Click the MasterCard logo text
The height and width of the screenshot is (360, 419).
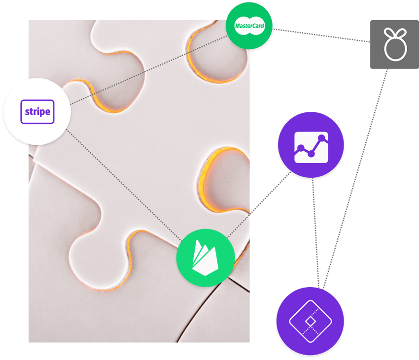(249, 26)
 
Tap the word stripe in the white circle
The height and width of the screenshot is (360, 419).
(37, 112)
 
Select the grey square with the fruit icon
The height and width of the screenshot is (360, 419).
(394, 44)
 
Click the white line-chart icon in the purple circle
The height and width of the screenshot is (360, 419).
(311, 147)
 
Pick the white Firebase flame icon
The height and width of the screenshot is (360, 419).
(205, 258)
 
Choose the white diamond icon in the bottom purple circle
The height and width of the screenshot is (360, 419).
(310, 321)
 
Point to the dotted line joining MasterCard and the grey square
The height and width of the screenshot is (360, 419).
(321, 35)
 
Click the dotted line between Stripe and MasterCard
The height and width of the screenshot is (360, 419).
(148, 70)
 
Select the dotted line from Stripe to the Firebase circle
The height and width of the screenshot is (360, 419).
(124, 184)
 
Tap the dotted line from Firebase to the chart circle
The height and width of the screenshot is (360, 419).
(259, 204)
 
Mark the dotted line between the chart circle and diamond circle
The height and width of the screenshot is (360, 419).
(315, 233)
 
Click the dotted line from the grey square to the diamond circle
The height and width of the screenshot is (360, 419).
(355, 179)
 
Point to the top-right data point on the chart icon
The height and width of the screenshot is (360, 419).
(322, 138)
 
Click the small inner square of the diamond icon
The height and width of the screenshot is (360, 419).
(310, 321)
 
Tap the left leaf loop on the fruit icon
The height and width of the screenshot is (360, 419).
(389, 33)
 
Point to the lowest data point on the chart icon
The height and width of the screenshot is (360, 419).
(311, 154)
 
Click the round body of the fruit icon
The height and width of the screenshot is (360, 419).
(395, 48)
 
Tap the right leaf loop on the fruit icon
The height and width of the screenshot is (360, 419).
(401, 33)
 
